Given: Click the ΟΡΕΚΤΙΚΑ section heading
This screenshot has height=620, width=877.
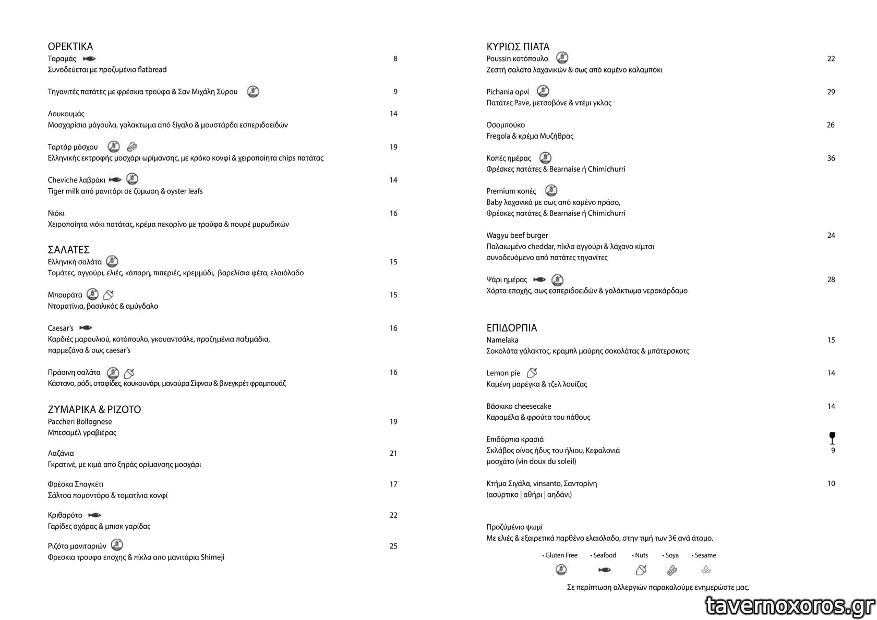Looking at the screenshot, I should [70, 46].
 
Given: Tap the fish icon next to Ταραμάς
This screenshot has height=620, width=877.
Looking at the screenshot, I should [89, 59].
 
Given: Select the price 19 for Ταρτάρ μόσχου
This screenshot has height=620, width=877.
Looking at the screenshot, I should [393, 147].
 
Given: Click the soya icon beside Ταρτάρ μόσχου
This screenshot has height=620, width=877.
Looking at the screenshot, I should [132, 147].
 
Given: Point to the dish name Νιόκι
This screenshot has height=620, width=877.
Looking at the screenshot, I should [56, 213].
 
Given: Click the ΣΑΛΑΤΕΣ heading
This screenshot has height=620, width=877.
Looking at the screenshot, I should [68, 250].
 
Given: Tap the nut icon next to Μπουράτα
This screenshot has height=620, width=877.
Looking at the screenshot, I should [109, 295].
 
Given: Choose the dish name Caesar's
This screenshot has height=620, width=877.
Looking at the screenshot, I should [61, 328].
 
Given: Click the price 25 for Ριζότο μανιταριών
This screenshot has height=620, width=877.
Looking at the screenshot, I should [393, 546].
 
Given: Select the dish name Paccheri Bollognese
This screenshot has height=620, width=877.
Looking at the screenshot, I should [80, 422].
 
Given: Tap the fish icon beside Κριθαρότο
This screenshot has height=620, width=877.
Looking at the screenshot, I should [94, 515].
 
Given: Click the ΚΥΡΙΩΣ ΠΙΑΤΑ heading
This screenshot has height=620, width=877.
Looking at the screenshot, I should [518, 46].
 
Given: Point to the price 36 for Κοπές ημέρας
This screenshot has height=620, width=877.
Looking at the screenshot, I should [831, 158].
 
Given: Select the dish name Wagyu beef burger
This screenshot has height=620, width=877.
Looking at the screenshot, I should [517, 235].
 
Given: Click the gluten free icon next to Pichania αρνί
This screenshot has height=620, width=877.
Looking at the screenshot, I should [543, 91].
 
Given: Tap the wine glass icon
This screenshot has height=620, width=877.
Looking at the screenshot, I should [832, 437].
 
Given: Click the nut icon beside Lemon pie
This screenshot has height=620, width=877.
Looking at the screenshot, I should [532, 373].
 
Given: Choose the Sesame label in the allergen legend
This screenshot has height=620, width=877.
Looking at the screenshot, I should [705, 555].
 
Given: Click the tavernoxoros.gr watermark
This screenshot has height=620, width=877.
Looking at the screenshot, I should [789, 605].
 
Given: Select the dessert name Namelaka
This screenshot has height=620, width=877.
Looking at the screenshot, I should [502, 340].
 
